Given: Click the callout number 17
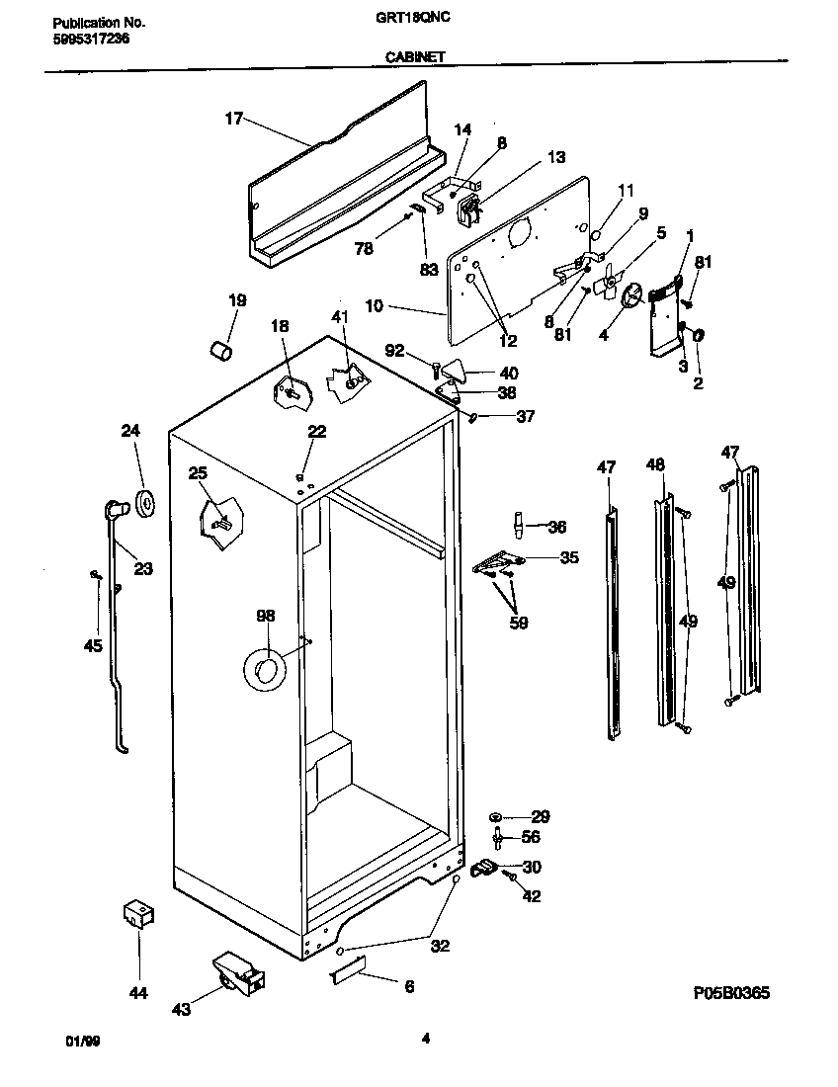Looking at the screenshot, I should [233, 119].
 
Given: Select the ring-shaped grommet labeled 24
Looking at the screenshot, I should [148, 502].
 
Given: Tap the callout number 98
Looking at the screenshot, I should [265, 616].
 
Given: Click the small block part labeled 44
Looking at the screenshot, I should [138, 915].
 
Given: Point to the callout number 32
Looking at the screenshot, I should [440, 946].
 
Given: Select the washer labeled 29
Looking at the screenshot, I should [496, 817].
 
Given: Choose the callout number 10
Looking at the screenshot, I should [375, 307].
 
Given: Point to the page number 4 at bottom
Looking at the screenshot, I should [425, 1038].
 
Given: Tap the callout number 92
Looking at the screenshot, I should [394, 349].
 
